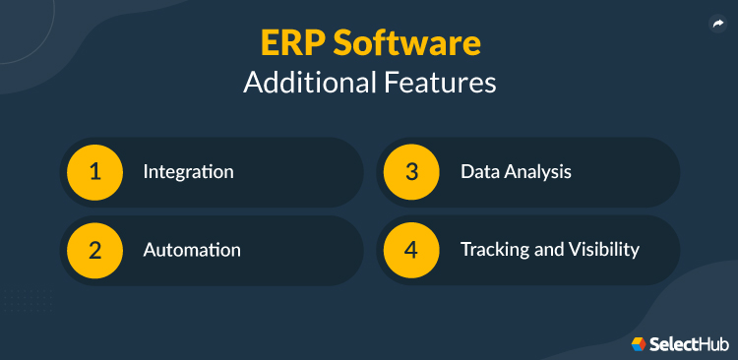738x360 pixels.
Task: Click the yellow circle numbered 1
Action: click(x=95, y=172)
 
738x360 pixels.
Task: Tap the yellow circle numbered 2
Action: click(x=95, y=250)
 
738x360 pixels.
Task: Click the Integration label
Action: click(x=188, y=172)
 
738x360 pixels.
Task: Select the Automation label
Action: click(x=192, y=250)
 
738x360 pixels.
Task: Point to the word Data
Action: click(x=479, y=172)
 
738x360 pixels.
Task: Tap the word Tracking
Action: click(x=494, y=250)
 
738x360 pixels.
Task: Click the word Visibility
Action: click(x=602, y=250)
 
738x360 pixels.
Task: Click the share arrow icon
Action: click(x=717, y=25)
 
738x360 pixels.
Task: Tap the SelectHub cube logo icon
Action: click(x=639, y=343)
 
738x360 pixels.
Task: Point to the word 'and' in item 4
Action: click(x=546, y=250)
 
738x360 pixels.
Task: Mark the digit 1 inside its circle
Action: click(x=95, y=172)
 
